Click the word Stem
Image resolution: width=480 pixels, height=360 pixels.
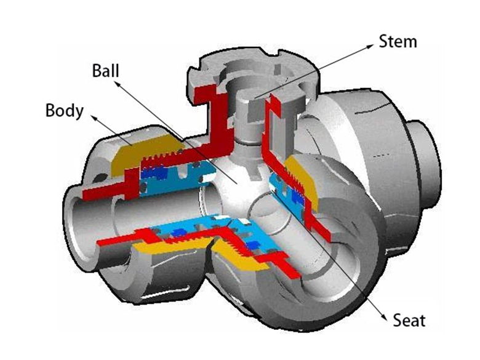[x=398, y=42]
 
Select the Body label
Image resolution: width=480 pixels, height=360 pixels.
[x=64, y=111]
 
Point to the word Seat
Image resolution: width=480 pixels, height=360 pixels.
[x=409, y=320]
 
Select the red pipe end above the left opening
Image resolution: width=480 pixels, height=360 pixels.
[x=98, y=191]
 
